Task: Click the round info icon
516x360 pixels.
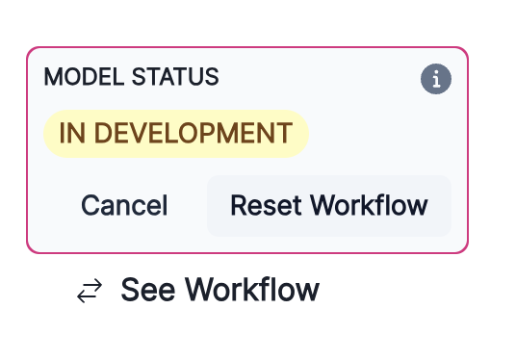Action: pos(436,80)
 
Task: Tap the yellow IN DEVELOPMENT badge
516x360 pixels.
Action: pos(175,133)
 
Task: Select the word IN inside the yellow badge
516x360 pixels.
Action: pos(70,133)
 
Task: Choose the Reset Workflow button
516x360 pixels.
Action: pos(328,205)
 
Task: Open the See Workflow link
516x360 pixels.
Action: pos(219,290)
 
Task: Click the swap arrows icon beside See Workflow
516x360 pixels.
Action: pos(89,291)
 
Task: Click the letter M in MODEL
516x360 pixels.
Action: pos(52,77)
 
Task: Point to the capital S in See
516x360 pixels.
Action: pos(130,290)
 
